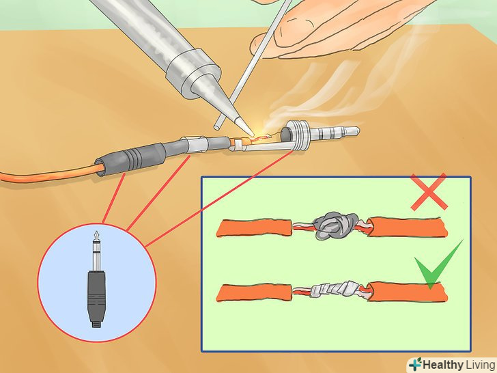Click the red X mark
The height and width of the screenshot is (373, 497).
(x=429, y=192)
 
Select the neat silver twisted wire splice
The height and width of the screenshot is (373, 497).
(x=337, y=289)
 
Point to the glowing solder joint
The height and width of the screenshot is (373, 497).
(x=260, y=137)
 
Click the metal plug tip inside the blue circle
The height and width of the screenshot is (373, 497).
(x=96, y=250)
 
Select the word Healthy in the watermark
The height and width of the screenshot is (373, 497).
(x=442, y=365)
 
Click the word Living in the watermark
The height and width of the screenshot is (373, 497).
(x=480, y=365)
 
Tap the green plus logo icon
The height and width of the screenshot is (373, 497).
(x=414, y=364)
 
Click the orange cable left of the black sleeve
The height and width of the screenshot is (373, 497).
(x=48, y=174)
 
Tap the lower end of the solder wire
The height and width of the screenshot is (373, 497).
(x=217, y=127)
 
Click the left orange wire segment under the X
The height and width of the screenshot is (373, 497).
(x=254, y=227)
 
